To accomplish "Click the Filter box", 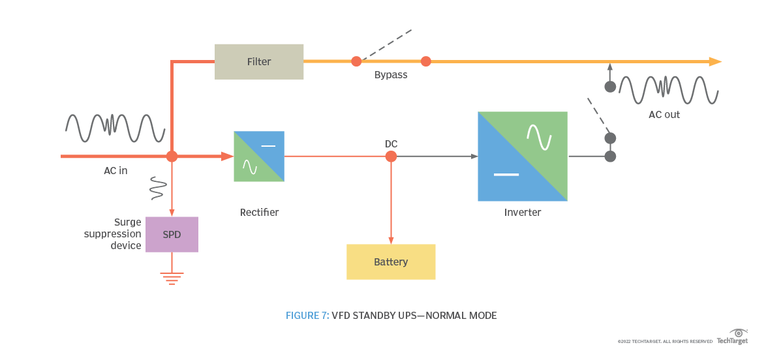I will tap(259, 62).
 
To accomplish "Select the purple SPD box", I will tap(172, 234).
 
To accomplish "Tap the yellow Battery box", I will tap(390, 262).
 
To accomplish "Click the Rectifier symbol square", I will tap(259, 157).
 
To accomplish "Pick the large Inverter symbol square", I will tap(522, 157).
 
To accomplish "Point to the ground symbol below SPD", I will tap(172, 278).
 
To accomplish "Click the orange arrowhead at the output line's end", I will tap(715, 62).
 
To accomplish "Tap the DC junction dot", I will tap(391, 157).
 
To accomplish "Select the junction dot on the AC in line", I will tap(172, 157).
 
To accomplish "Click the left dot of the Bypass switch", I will tap(356, 61).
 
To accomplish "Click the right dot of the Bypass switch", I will tap(426, 61).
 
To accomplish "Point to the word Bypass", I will tap(391, 75).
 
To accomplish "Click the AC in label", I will tap(115, 171).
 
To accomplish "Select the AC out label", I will tap(664, 115).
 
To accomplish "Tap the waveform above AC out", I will tap(668, 90).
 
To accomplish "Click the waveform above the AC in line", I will tap(114, 128).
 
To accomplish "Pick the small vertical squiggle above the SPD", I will tap(157, 188).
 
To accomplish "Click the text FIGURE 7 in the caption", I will tap(307, 316).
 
